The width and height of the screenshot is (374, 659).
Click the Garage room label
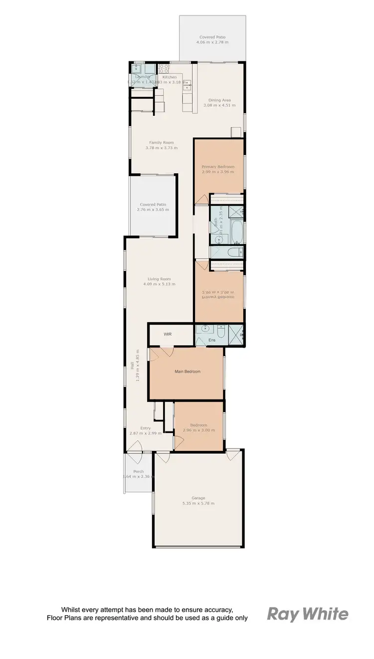(x=198, y=497)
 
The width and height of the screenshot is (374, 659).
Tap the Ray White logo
(x=308, y=614)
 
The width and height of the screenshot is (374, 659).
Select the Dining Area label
(x=219, y=100)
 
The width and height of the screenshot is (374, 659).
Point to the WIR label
(x=168, y=334)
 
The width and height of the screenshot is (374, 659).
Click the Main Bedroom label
(x=187, y=372)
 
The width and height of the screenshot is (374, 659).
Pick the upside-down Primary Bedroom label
(x=218, y=296)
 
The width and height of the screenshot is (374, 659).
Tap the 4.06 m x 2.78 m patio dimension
(x=213, y=43)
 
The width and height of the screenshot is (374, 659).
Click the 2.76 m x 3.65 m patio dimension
(x=153, y=210)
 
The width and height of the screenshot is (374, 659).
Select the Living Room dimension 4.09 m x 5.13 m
(x=159, y=284)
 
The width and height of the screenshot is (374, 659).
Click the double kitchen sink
(x=187, y=86)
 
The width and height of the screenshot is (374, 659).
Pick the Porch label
(x=138, y=471)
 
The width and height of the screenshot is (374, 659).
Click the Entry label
(x=145, y=428)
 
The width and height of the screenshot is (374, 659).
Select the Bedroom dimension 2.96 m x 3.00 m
(x=198, y=430)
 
